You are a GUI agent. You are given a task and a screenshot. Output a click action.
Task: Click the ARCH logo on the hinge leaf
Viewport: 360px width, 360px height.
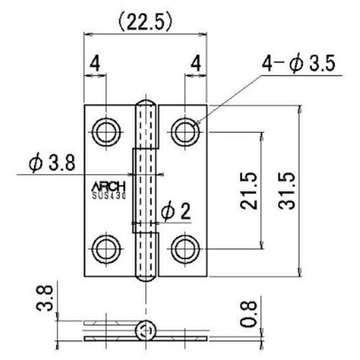tap(108, 181)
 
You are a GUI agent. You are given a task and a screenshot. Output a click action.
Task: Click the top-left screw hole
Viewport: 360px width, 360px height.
tap(107, 130)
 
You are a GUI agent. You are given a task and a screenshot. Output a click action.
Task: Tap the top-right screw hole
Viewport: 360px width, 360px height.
tap(186, 130)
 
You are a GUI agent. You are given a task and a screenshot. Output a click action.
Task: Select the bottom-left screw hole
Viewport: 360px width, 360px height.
tap(107, 248)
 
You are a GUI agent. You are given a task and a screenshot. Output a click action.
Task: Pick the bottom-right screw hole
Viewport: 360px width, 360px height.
tap(186, 248)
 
